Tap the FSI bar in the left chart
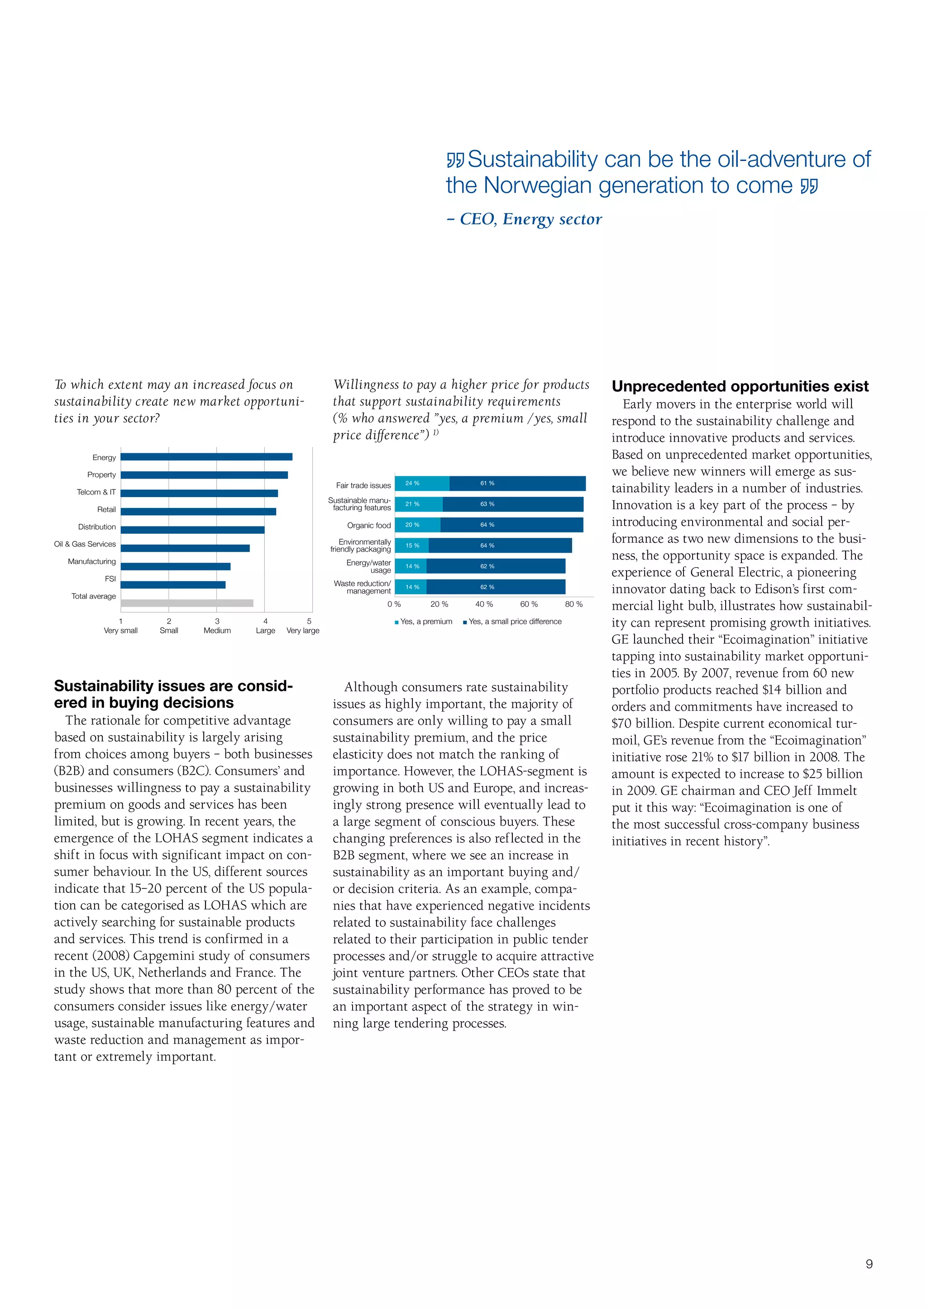[x=173, y=584]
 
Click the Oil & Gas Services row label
[x=85, y=544]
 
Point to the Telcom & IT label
[x=96, y=492]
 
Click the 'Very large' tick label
[x=303, y=630]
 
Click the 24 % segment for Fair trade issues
[x=422, y=483]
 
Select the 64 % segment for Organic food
[x=511, y=524]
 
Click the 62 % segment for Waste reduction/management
[x=496, y=587]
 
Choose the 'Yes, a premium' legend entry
[x=424, y=622]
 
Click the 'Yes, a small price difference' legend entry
[x=512, y=622]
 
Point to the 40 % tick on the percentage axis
[x=484, y=603]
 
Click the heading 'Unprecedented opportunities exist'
[x=740, y=386]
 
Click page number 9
[x=869, y=1264]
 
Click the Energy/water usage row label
[x=369, y=566]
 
